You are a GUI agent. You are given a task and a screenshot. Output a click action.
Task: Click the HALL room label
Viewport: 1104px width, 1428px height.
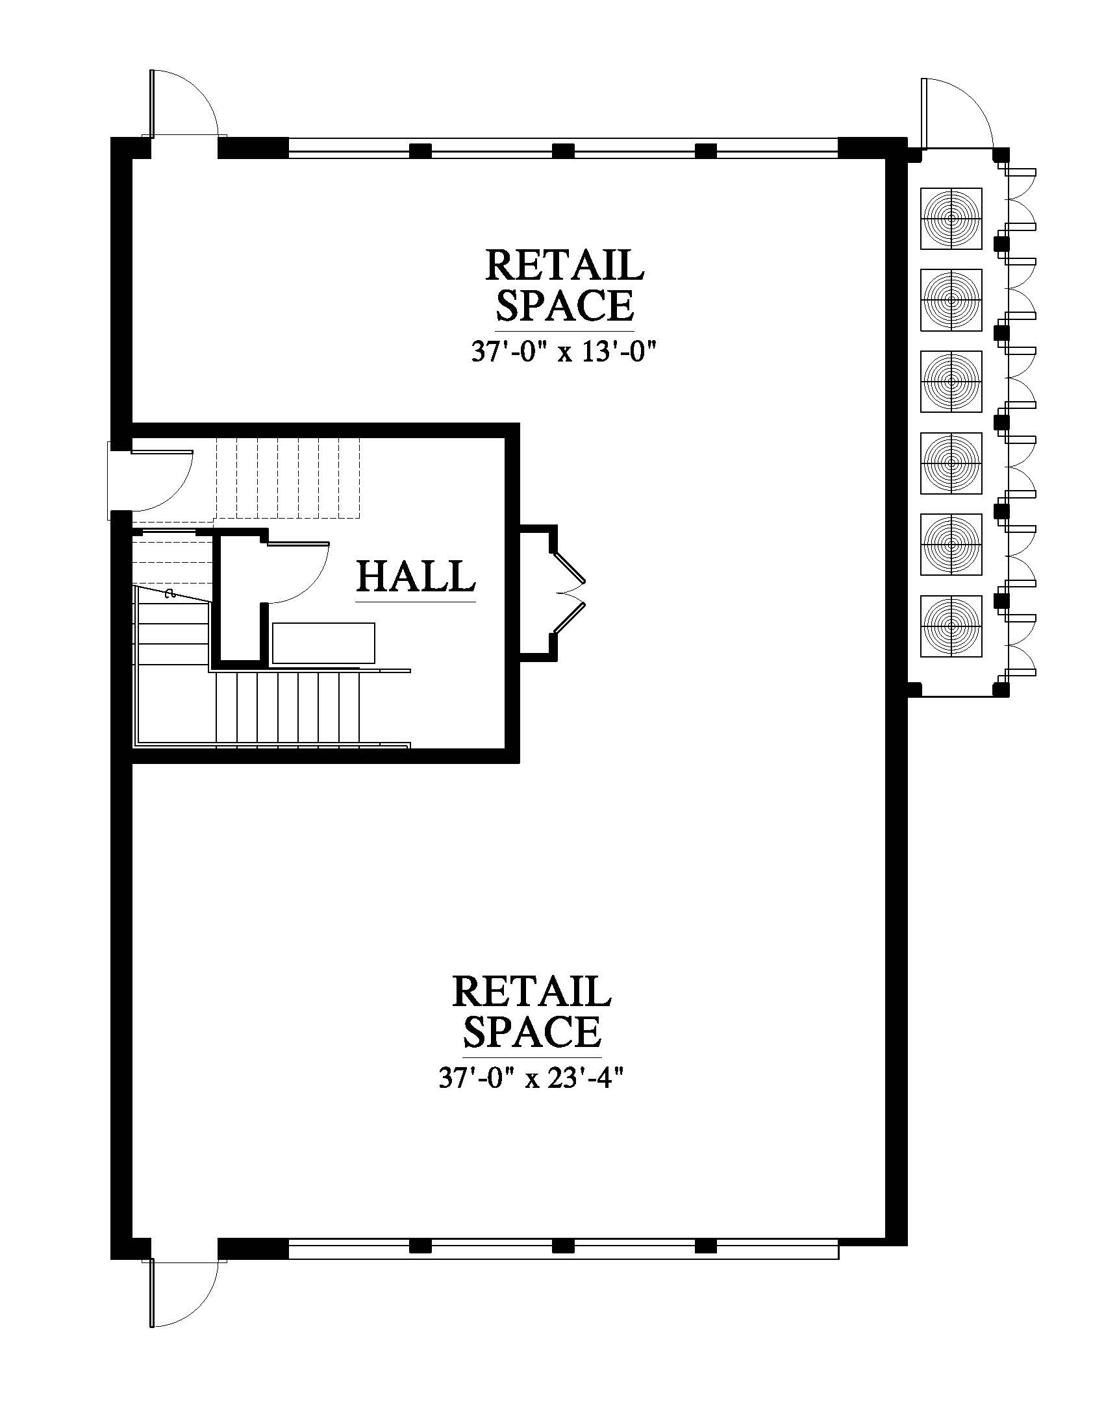click(x=416, y=576)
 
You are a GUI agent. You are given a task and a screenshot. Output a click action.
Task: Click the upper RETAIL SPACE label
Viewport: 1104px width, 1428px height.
click(x=564, y=284)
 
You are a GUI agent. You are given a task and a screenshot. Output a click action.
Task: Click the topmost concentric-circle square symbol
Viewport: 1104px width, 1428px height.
click(x=951, y=218)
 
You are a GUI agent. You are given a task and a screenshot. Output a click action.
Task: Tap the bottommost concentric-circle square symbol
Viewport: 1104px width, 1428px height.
click(x=951, y=626)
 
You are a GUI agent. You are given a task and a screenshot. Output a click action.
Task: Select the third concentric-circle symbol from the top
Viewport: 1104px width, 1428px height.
click(x=951, y=381)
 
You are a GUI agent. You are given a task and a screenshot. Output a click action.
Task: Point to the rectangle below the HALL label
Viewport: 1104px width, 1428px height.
click(x=324, y=643)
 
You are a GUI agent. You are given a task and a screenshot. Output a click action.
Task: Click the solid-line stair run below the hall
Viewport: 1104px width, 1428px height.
click(x=288, y=708)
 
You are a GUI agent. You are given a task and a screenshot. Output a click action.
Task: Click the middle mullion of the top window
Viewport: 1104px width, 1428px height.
click(x=563, y=151)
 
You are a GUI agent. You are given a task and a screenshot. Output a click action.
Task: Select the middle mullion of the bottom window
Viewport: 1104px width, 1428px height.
click(x=563, y=1246)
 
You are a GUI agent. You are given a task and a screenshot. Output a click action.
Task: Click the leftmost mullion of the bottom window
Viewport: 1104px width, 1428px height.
click(x=420, y=1246)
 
